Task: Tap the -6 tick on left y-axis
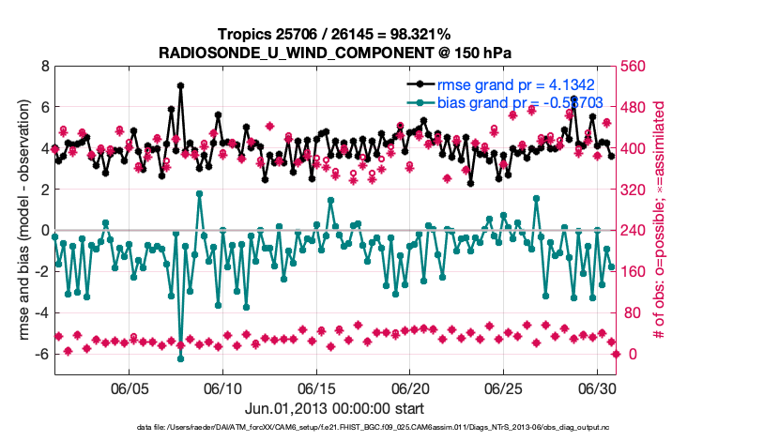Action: point(41,354)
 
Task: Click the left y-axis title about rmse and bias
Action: point(18,220)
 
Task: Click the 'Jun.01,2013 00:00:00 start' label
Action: point(334,408)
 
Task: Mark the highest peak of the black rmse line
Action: point(180,85)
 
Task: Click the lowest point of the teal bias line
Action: point(180,358)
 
